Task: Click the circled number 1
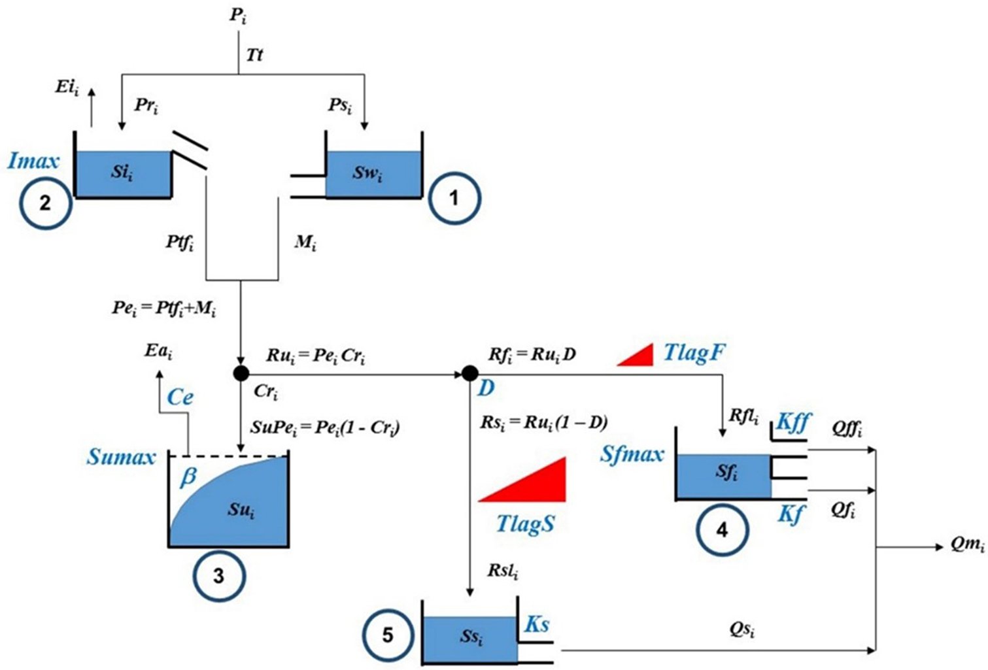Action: coord(454,197)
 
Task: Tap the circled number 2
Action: coord(45,203)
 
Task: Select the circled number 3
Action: coord(218,576)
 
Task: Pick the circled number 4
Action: coord(722,529)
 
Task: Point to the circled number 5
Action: coord(388,635)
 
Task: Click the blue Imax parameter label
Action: coord(33,161)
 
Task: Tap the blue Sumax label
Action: coord(122,456)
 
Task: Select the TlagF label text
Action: coord(694,354)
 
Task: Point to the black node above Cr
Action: coord(241,373)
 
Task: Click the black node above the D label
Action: coord(469,373)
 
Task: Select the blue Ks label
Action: coord(537,624)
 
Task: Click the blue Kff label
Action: coord(792,423)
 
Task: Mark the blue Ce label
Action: coord(180,397)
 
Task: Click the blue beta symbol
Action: coord(188,477)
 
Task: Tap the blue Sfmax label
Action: coord(632,454)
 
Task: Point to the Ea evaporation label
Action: coord(158,353)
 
